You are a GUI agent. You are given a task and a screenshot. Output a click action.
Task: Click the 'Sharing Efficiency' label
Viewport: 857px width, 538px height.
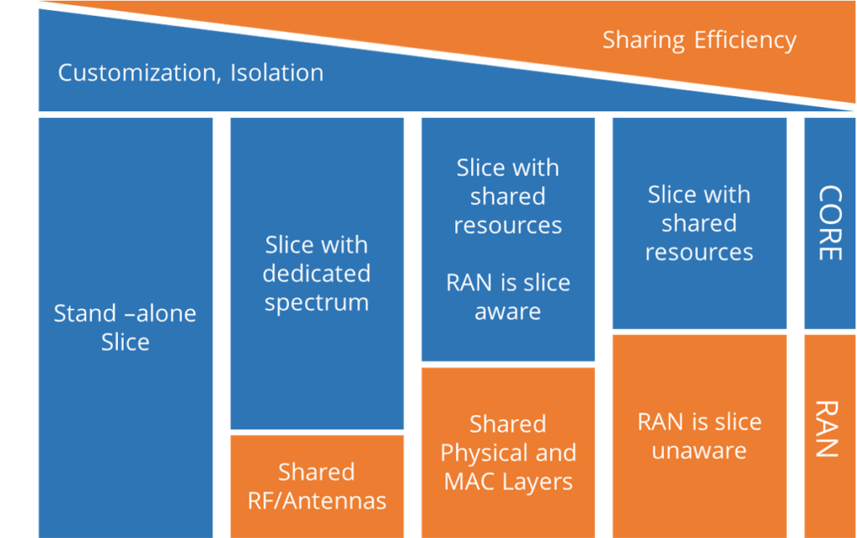point(699,39)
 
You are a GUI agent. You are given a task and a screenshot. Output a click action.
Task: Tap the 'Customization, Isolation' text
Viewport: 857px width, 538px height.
point(190,73)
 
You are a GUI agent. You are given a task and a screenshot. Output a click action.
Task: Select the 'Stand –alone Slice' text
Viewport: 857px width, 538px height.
point(125,327)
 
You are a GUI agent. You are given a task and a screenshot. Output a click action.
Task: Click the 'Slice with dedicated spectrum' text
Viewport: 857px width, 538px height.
point(316,274)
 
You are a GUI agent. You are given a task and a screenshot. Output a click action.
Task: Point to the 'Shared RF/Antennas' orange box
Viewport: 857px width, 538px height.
point(316,486)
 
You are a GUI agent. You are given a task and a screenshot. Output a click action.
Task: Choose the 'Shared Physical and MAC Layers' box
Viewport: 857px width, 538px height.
point(508,453)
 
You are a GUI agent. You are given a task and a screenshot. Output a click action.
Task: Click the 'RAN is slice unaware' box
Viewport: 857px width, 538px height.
point(699,436)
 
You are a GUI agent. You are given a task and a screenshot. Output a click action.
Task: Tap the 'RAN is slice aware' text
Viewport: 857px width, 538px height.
point(508,297)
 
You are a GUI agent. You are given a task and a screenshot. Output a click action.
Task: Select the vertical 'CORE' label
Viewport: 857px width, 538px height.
point(828,223)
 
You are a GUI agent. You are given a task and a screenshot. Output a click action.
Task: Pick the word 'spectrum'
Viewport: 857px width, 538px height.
point(316,302)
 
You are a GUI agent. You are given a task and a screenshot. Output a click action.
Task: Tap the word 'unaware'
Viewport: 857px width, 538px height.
point(699,451)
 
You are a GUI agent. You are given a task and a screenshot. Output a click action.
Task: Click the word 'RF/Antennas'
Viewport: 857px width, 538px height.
point(316,501)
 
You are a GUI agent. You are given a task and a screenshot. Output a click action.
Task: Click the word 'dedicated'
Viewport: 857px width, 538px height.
point(316,274)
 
